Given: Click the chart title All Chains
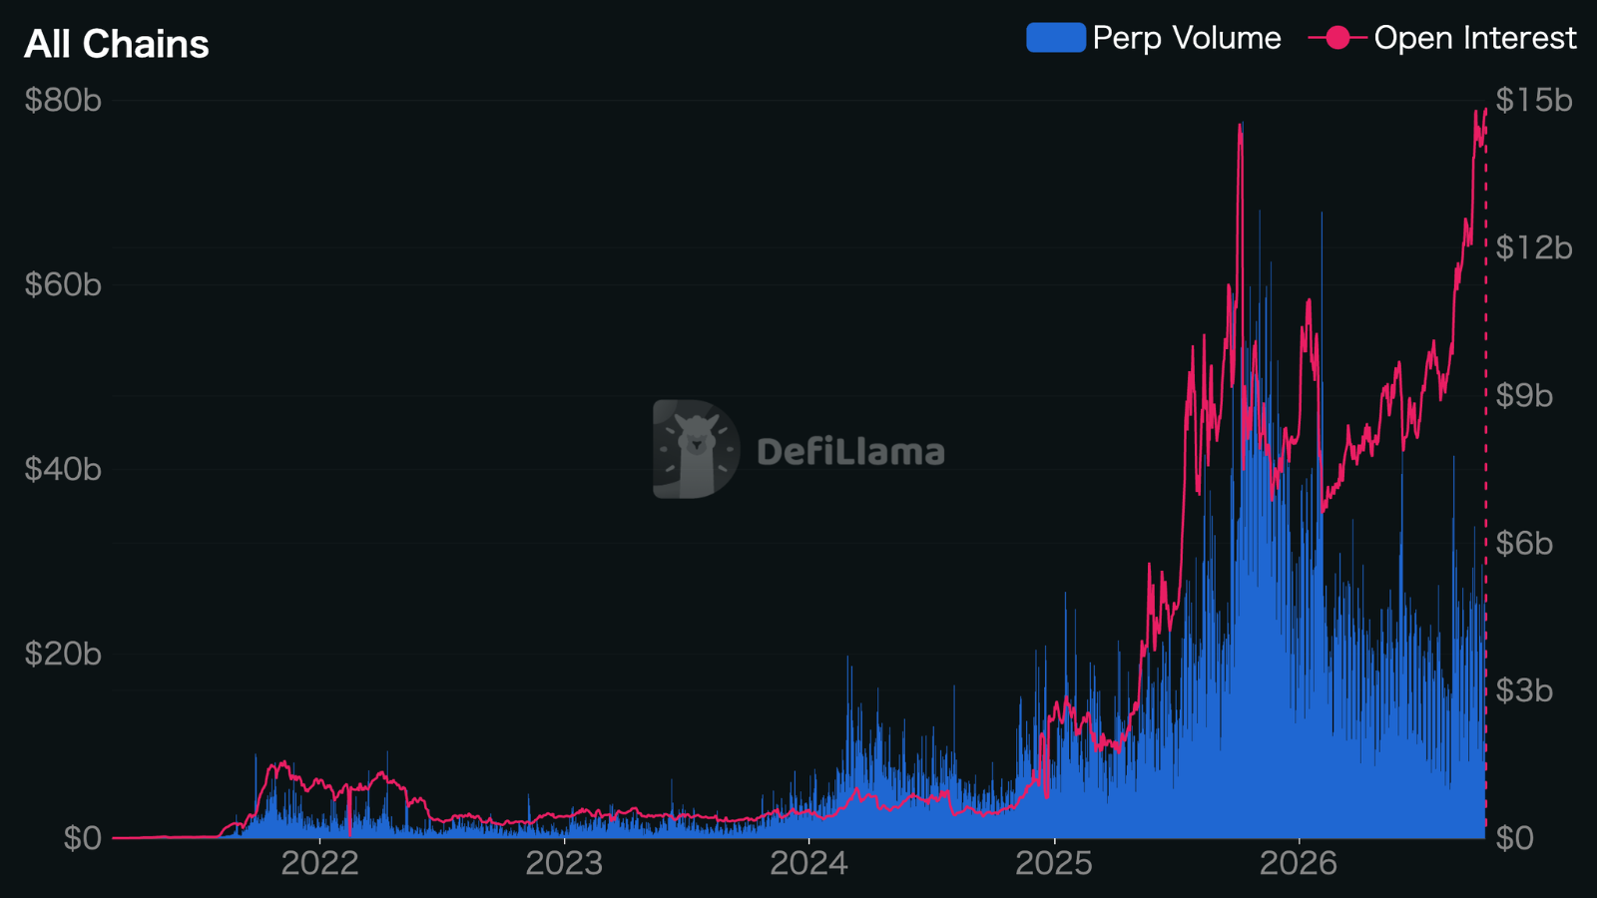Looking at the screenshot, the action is [x=116, y=44].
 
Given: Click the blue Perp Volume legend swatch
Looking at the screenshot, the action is [x=1056, y=38].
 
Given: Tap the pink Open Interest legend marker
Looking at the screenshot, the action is [x=1337, y=38].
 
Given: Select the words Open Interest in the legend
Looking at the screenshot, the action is [x=1475, y=38].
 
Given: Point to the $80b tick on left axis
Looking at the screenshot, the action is [x=63, y=101].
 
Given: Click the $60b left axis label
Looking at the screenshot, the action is [x=63, y=285].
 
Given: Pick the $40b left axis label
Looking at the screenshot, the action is [x=63, y=470].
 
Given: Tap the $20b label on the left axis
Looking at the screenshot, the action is [x=63, y=655].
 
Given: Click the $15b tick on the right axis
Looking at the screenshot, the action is [x=1533, y=101].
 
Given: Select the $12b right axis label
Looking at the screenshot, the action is [x=1533, y=248].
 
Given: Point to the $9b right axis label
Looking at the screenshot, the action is [x=1524, y=395].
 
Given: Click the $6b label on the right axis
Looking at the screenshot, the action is [x=1524, y=544].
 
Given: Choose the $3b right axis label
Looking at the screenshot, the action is [x=1524, y=691].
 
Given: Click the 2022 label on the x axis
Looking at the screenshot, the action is [x=320, y=864].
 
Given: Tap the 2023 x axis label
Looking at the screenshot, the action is [x=565, y=864].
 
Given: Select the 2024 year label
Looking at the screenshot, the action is [x=809, y=864].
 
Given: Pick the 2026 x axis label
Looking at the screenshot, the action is [x=1299, y=864].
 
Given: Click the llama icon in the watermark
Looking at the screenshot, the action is [x=696, y=449].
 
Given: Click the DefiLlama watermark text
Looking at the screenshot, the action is [x=850, y=452].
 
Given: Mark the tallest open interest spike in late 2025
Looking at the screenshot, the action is [x=1242, y=125].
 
